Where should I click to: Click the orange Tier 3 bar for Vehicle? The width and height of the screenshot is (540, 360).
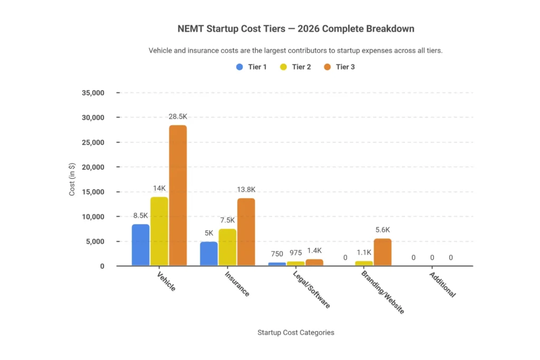177,196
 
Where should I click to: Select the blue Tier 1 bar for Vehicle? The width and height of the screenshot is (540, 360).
140,245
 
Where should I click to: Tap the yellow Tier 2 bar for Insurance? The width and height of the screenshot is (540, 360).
227,247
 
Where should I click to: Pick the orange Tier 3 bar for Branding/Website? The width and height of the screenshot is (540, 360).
382,252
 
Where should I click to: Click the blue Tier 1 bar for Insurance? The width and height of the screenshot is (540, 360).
209,254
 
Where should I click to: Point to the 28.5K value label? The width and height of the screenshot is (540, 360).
178,116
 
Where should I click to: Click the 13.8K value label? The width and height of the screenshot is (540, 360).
246,189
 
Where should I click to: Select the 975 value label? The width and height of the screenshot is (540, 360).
296,252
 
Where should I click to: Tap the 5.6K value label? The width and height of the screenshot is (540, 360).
382,230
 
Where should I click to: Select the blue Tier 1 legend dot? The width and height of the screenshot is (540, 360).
239,67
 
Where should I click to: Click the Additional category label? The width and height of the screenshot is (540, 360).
442,285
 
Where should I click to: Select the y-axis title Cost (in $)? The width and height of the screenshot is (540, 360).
72,179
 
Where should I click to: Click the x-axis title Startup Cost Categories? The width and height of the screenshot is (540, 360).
295,333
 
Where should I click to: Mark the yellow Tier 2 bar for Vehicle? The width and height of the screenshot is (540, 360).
159,231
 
